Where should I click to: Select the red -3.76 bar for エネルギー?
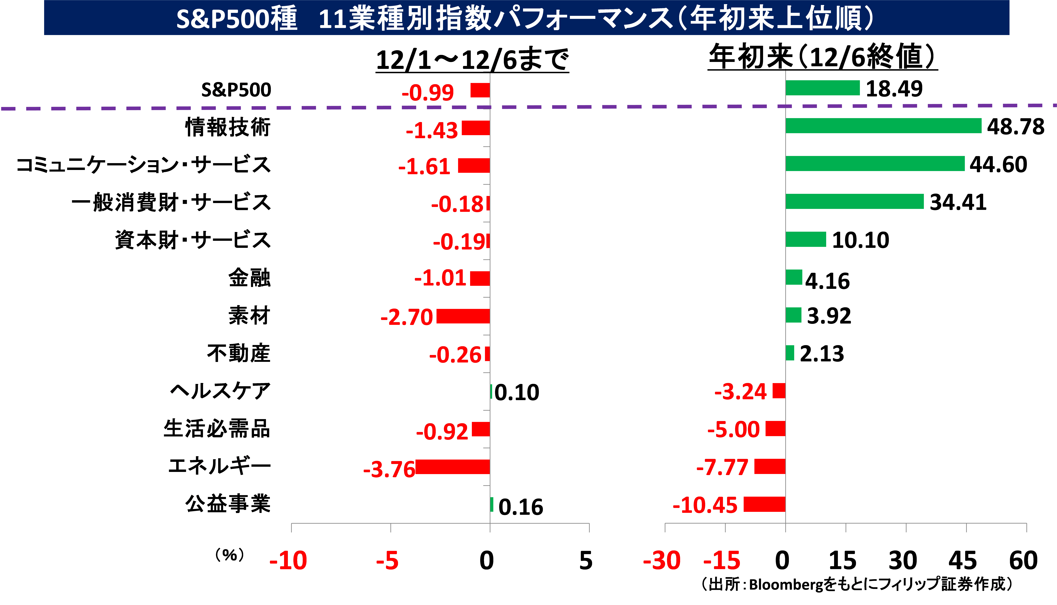coord(453,467)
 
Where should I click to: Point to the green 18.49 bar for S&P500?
coord(822,88)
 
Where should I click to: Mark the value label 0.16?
coord(521,507)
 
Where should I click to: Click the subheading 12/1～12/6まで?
coord(472,59)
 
